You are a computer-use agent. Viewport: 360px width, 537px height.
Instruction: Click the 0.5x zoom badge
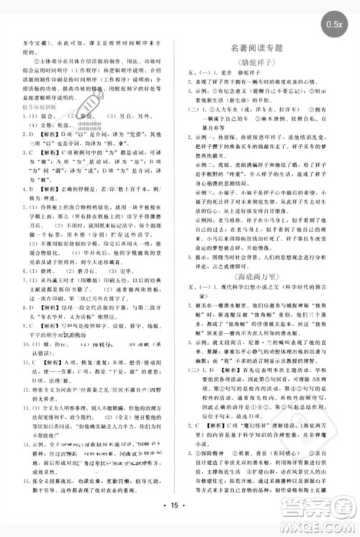coord(334,25)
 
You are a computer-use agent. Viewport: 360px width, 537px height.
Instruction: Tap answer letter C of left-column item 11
coord(28,381)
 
